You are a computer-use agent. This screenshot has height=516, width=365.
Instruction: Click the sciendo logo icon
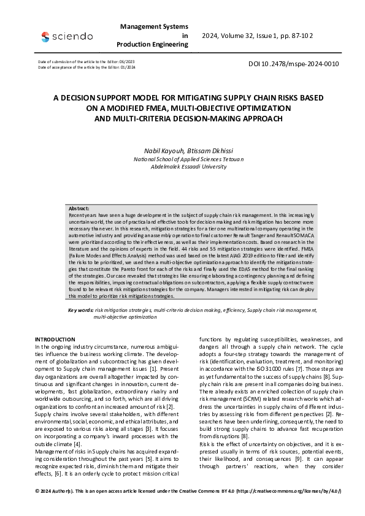(45, 37)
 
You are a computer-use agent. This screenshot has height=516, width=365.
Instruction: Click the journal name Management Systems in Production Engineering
(154, 36)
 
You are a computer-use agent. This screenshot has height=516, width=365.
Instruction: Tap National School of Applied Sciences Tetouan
(182, 159)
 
